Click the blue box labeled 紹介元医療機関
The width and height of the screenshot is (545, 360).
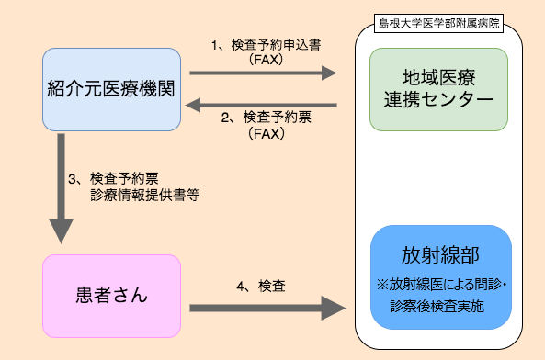(111, 88)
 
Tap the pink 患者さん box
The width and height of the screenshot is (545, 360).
(110, 297)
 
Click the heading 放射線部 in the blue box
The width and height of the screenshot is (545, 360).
(441, 254)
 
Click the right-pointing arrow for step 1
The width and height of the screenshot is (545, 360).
(262, 73)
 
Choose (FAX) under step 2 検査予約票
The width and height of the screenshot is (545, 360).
(266, 134)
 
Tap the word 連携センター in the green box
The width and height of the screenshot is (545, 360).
(439, 99)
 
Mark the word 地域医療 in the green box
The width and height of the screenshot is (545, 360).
(439, 77)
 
